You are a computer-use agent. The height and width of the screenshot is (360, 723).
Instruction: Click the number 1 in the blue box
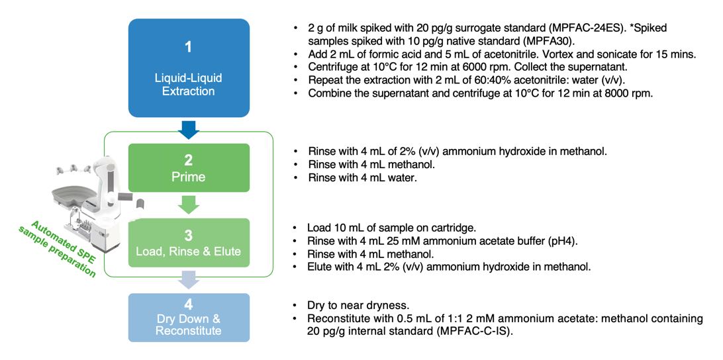point(188,48)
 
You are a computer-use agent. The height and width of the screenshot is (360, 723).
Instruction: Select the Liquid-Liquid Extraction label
point(188,85)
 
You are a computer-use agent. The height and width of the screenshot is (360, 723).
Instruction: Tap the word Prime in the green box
point(189,177)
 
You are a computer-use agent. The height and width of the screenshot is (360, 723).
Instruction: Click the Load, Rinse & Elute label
point(189,251)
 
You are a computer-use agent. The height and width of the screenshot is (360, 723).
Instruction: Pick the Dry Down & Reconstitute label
point(189,324)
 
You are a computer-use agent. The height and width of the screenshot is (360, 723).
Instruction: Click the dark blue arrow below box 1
point(189,128)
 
